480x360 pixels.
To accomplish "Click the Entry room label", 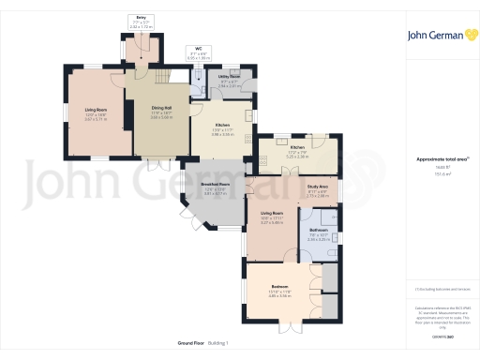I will pyautogui.click(x=142, y=16).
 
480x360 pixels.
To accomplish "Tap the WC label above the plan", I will pyautogui.click(x=198, y=48).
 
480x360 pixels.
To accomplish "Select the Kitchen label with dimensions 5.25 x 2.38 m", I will pyautogui.click(x=296, y=148).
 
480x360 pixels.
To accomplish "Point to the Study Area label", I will pyautogui.click(x=317, y=187).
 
